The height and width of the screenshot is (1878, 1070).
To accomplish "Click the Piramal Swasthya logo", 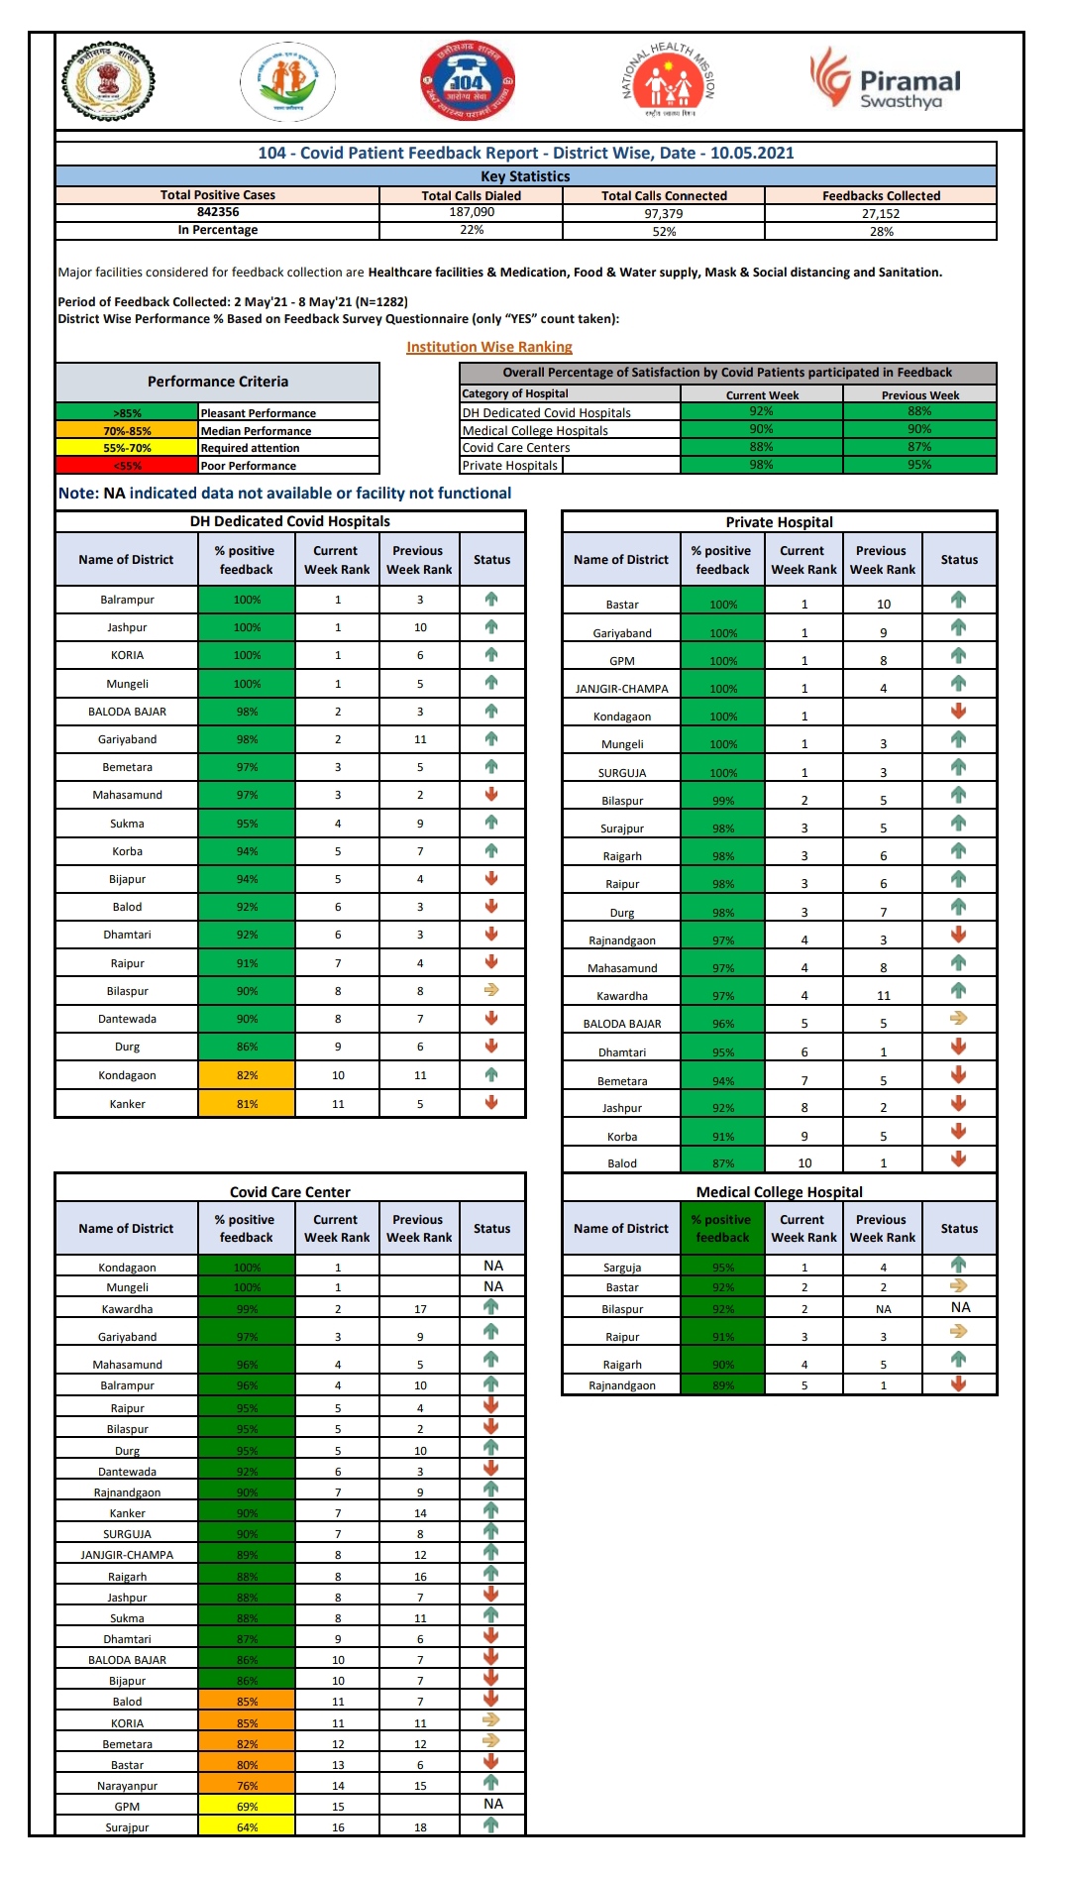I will click(886, 80).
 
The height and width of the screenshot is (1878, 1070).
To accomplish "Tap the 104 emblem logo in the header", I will click(467, 81).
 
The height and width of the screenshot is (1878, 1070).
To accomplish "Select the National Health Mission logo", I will click(669, 81).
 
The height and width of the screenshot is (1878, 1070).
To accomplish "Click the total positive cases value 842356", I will click(218, 212).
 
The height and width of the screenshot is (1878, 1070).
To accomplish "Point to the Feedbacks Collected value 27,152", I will click(881, 213).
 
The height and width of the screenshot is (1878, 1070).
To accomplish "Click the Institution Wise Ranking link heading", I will click(489, 347).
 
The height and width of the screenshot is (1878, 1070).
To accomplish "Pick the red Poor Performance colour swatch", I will click(128, 466).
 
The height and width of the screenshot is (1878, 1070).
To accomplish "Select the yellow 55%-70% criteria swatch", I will click(128, 448).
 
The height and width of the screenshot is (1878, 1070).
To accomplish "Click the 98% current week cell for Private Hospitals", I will click(761, 465).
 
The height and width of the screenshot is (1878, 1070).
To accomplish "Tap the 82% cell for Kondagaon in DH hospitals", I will click(247, 1075).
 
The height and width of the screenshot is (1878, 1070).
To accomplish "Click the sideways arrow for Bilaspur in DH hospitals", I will click(491, 990).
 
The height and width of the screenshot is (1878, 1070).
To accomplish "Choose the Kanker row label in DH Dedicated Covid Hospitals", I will click(128, 1104).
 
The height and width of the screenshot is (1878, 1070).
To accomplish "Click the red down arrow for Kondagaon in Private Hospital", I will click(958, 712).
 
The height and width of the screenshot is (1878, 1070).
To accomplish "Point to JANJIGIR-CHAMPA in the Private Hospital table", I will click(622, 689).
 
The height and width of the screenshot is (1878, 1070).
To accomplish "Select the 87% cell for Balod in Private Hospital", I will click(723, 1163).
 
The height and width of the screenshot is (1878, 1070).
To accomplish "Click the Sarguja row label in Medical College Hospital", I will click(622, 1268).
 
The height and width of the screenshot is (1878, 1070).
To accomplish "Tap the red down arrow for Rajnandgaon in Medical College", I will click(958, 1384).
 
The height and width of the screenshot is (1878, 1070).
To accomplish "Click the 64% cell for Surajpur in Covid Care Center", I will click(247, 1827).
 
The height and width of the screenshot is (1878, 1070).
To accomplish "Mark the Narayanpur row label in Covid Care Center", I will click(128, 1786).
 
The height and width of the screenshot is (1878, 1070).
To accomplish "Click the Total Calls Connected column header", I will click(664, 196).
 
